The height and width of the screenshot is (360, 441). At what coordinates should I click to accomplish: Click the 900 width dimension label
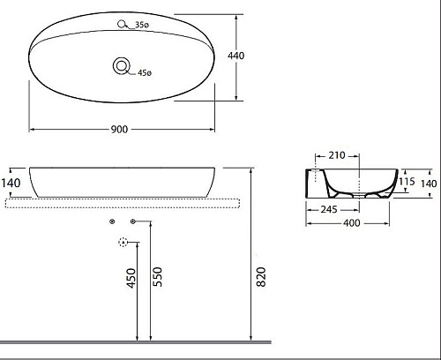point(119,129)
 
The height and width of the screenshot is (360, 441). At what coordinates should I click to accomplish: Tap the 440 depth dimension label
point(235,56)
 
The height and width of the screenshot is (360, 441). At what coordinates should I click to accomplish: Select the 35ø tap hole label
point(142,25)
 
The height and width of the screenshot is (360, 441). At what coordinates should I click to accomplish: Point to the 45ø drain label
point(145,72)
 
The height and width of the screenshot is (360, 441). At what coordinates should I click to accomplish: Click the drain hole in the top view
point(122,66)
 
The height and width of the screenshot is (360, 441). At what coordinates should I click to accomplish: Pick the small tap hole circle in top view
point(121,24)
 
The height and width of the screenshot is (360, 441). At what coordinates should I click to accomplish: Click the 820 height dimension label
point(261,277)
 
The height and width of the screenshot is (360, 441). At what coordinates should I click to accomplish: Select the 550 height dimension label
point(158,277)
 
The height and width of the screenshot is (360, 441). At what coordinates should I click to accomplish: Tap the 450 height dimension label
point(131,278)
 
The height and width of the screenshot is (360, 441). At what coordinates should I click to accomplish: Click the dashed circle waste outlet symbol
point(123,242)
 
